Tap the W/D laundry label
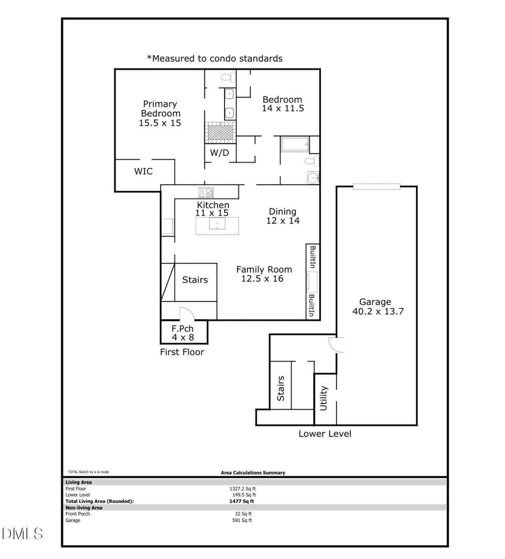219,153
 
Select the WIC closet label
143,171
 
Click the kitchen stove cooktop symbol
206,193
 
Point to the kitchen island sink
217,223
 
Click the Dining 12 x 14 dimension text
283,220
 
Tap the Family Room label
264,269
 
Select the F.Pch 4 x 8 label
183,333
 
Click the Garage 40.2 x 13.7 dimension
378,311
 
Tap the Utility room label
324,398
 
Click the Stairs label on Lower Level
280,388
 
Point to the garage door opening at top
376,187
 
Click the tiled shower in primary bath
220,132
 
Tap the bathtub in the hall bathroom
295,144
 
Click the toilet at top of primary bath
228,77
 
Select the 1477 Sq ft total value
242,501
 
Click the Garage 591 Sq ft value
242,520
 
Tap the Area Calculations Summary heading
253,473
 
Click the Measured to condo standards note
214,58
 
